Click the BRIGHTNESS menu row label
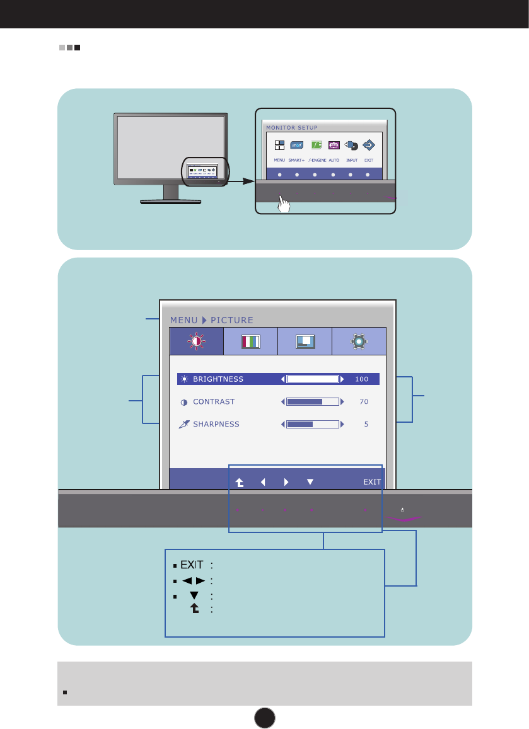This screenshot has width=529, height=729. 218,379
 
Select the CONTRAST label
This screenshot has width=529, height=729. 214,401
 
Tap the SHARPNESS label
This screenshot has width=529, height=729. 216,424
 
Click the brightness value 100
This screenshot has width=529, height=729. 361,379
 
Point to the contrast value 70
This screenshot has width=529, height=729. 364,401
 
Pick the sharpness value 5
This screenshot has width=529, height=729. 366,424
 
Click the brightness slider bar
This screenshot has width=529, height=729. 312,379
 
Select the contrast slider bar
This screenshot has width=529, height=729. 312,401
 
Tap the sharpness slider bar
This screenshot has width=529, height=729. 312,424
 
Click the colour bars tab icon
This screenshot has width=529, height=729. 251,342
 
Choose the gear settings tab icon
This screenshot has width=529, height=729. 359,342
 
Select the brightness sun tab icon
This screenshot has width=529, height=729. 196,342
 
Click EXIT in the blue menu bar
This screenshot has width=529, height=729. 372,482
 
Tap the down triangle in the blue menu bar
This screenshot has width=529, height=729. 310,482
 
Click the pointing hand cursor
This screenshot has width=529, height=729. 284,205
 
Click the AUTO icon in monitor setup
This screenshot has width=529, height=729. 334,145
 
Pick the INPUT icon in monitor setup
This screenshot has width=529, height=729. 351,145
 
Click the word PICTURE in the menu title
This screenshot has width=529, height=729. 232,319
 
